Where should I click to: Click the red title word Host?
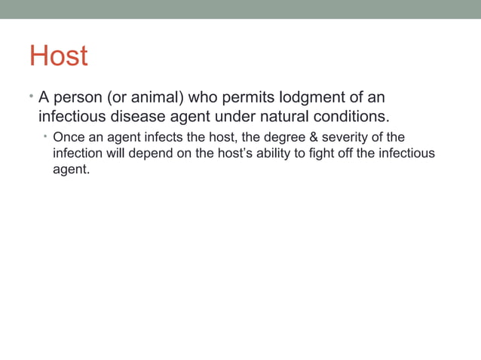(x=58, y=56)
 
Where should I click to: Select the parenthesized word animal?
(x=155, y=98)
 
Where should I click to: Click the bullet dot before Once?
(x=44, y=136)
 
